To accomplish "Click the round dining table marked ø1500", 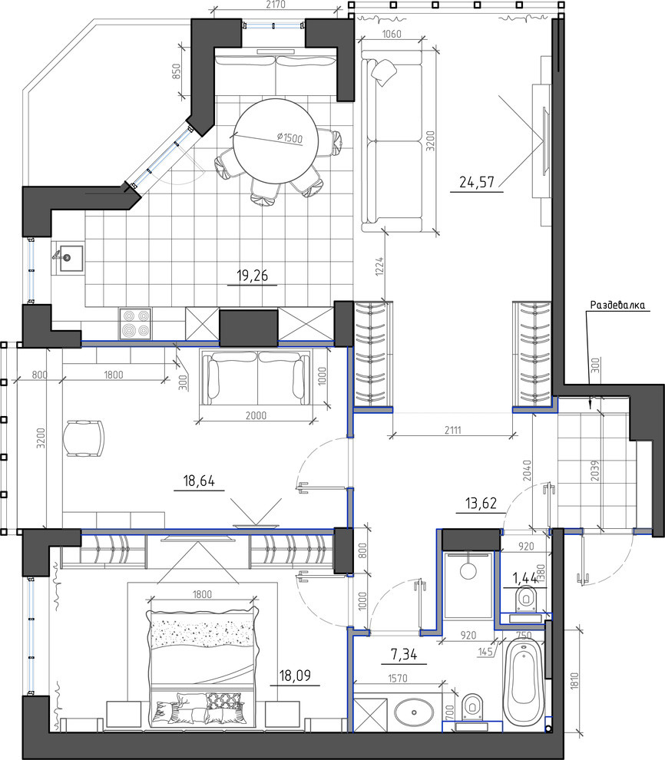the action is (x=276, y=141).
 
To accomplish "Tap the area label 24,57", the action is (x=476, y=182).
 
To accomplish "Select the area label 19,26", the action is (x=252, y=276).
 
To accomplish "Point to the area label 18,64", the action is (x=199, y=481).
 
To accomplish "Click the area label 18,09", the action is (x=295, y=676).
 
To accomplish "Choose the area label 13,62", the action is (x=481, y=503).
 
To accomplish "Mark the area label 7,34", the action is (x=404, y=655).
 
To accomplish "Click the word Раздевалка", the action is (x=617, y=305).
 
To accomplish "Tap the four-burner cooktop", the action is (x=136, y=323).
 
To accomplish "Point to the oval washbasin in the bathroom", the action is (x=414, y=712).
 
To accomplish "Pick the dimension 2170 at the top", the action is (x=276, y=5).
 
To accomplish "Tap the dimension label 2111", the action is (x=453, y=429).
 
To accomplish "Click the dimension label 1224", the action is (x=379, y=266).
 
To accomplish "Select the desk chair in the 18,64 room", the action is (x=84, y=438).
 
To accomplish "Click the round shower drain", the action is (x=468, y=570).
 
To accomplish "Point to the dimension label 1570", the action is (x=398, y=679).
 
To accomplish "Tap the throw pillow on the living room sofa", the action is (x=384, y=71).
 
